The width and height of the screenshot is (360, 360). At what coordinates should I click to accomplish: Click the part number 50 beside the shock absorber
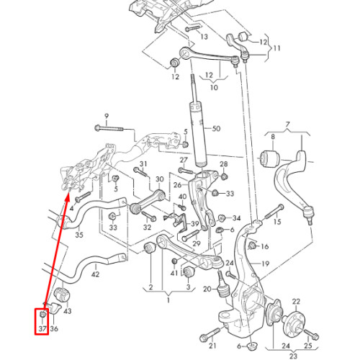[x=216, y=129]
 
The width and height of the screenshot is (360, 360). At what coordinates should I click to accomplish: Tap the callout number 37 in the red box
[x=42, y=328]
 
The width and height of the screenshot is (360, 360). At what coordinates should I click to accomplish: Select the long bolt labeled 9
[x=109, y=128]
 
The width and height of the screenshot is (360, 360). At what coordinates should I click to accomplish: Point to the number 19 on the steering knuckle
[x=265, y=264]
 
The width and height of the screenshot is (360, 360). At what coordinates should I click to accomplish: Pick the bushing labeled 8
[x=270, y=158]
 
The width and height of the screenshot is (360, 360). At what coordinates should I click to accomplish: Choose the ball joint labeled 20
[x=223, y=287]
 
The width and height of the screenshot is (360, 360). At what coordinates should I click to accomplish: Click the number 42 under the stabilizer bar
[x=95, y=274]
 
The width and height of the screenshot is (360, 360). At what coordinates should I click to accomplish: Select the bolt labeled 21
[x=210, y=335]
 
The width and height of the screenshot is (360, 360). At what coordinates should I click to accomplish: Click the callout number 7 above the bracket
[x=287, y=125]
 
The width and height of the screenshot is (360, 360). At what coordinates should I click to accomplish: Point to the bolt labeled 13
[x=192, y=29]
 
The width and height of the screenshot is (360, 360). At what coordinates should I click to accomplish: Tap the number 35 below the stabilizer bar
[x=79, y=235]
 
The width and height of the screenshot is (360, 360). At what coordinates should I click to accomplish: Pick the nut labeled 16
[x=252, y=246]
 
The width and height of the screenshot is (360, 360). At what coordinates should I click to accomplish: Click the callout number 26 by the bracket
[x=177, y=185]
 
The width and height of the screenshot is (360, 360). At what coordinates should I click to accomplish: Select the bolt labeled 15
[x=274, y=212]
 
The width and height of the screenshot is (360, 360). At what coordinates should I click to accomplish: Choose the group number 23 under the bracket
[x=293, y=356]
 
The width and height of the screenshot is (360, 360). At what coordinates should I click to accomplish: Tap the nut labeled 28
[x=224, y=176]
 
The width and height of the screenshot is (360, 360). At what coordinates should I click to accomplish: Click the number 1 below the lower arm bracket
[x=168, y=300]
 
